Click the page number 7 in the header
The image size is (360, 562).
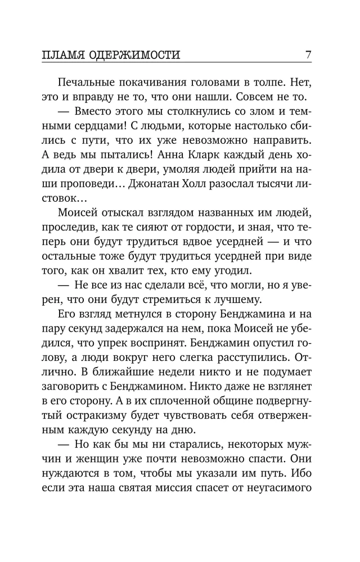308,55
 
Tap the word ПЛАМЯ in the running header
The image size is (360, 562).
63,55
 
